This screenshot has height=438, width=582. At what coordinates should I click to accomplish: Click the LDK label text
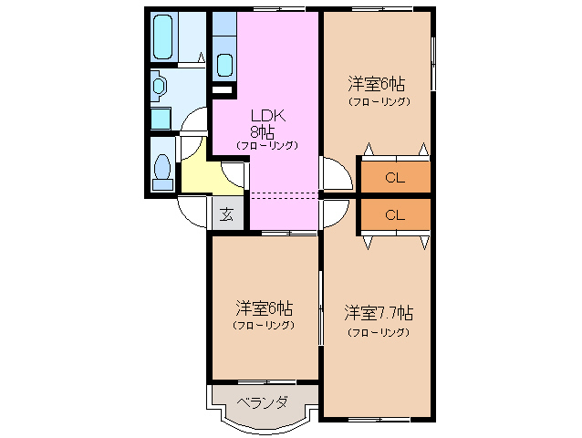[268, 116]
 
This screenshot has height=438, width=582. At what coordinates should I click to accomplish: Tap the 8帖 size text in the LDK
[262, 131]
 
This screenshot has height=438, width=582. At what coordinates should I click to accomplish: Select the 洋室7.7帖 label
[379, 313]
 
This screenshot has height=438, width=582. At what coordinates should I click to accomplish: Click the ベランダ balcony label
[263, 402]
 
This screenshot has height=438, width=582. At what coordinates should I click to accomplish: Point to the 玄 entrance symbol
[227, 214]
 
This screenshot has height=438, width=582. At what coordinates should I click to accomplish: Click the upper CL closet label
[395, 178]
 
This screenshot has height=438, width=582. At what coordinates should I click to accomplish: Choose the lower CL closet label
[395, 215]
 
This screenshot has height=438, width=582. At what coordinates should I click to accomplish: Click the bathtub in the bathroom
[163, 36]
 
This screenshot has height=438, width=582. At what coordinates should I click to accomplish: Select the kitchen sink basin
[225, 65]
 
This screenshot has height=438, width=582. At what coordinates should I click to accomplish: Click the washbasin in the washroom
[160, 86]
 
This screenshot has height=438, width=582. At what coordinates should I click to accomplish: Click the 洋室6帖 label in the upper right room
[377, 84]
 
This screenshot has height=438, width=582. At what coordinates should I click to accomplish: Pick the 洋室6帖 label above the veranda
[265, 308]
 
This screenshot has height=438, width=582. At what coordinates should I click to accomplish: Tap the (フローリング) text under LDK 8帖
[267, 145]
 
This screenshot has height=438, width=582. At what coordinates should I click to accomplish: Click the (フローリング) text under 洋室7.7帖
[379, 332]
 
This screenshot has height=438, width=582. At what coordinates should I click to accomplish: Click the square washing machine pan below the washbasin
[161, 119]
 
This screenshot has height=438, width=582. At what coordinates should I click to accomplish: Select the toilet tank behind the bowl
[163, 184]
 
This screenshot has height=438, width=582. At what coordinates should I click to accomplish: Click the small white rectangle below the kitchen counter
[222, 89]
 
